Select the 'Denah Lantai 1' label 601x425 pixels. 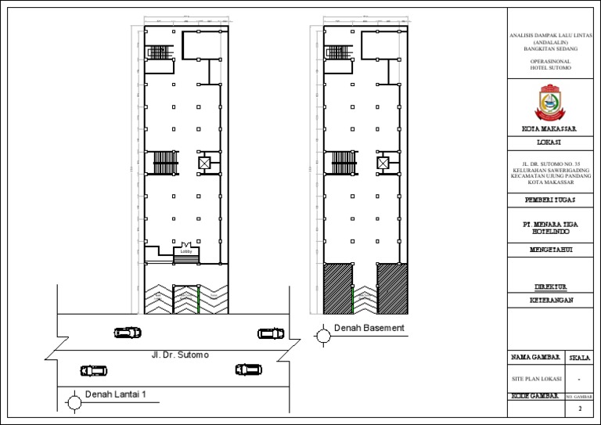[x=115, y=394]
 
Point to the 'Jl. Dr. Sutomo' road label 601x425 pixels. [x=181, y=355]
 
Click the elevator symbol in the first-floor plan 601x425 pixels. [x=204, y=163]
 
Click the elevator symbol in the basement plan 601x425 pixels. [x=383, y=163]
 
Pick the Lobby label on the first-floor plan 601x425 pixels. [x=185, y=252]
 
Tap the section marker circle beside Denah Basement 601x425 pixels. [x=322, y=336]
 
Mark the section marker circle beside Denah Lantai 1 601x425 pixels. [x=74, y=403]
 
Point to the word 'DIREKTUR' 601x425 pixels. [x=549, y=286]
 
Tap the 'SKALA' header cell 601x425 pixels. [x=580, y=358]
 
